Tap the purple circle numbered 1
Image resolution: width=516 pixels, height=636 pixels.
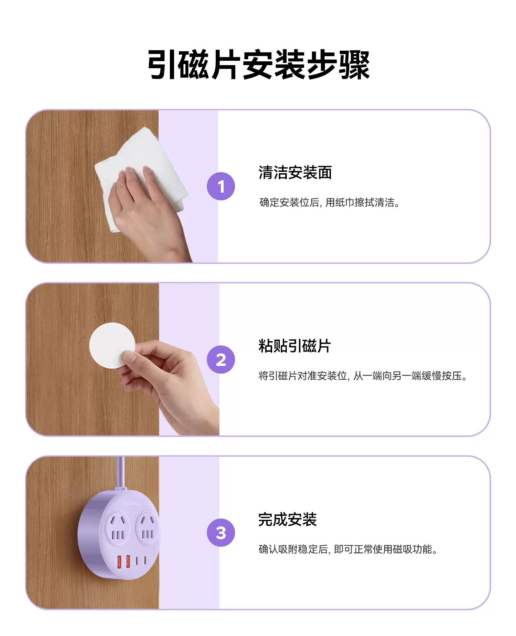[x=221, y=186]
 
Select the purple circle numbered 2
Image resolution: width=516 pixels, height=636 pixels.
[x=221, y=359]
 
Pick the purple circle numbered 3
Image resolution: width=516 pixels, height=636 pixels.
[x=221, y=533]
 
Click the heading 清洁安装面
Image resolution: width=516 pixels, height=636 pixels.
[x=295, y=173]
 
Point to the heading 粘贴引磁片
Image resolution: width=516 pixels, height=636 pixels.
[x=295, y=346]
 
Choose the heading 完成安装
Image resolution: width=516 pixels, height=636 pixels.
[x=288, y=519]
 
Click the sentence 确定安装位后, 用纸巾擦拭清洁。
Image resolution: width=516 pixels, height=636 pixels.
[x=330, y=202]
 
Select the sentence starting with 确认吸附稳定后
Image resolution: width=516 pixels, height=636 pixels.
[x=348, y=549]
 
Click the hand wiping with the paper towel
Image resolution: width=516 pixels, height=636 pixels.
[x=148, y=210]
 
